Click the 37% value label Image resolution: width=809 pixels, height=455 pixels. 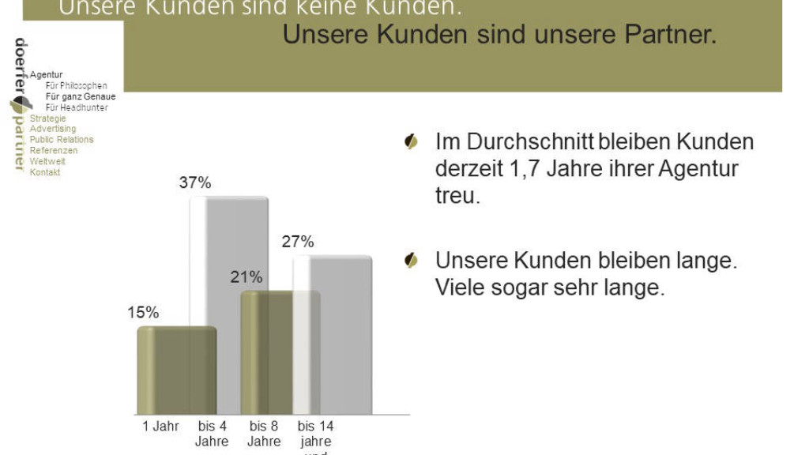[x=195, y=183]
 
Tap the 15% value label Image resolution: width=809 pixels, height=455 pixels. [x=143, y=312]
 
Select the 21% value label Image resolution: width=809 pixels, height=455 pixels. [x=246, y=277]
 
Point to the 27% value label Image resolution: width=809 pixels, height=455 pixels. [x=298, y=242]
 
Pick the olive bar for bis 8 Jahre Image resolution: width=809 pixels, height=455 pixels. [x=273, y=352]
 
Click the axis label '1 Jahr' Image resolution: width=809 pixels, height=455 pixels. [x=160, y=427]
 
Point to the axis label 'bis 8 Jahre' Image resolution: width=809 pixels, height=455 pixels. [x=264, y=434]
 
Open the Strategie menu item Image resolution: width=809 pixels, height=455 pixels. [x=48, y=118]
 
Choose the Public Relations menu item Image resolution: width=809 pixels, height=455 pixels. [x=62, y=140]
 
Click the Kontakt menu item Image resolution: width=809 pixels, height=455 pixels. [x=45, y=172]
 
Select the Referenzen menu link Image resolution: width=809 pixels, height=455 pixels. [x=54, y=150]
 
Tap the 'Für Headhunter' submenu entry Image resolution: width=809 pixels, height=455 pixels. [x=77, y=107]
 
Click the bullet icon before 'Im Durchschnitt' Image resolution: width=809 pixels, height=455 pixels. [x=411, y=142]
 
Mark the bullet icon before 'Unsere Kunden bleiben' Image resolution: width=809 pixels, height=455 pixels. [x=411, y=261]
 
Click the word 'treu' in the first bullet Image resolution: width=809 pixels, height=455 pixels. [x=456, y=195]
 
